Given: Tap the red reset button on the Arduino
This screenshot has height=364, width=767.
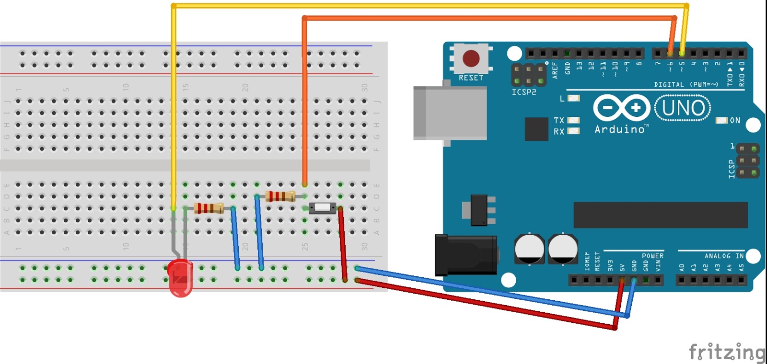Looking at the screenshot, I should (471, 58).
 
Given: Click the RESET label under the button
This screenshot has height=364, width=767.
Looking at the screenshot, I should (471, 78).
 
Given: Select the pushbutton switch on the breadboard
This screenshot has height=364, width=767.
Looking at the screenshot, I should (322, 208).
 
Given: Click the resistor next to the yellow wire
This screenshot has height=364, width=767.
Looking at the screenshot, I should (209, 208).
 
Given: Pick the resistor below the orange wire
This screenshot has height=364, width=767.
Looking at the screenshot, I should (280, 196).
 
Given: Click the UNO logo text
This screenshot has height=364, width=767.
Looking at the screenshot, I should (683, 108).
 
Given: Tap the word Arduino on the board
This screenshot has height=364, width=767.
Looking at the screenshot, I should (620, 129).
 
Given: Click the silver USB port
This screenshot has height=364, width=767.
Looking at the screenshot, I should (450, 113).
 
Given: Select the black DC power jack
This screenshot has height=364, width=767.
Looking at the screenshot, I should (465, 255).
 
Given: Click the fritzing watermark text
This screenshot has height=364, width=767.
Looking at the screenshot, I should (727, 353).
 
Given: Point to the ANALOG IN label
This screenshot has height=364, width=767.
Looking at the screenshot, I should (724, 256).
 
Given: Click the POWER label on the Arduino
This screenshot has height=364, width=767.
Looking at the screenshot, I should (652, 256).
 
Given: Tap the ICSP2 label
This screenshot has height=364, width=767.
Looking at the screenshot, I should (523, 92).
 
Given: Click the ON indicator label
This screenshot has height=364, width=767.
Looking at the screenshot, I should (735, 121).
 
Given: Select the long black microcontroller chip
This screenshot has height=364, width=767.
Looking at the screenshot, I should (660, 215).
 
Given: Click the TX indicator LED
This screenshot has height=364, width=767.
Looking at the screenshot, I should (573, 120).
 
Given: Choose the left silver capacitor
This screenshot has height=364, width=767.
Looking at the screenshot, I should (529, 249).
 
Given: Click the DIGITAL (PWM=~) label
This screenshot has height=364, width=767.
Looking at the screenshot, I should (686, 84).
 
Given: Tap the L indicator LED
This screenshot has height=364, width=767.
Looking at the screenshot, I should (573, 98).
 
